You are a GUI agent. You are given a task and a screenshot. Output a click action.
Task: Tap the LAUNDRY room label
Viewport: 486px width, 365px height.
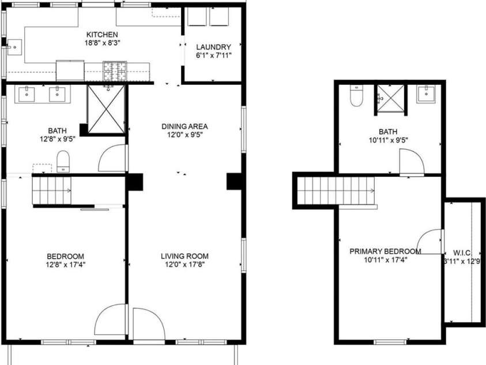[x=213, y=47]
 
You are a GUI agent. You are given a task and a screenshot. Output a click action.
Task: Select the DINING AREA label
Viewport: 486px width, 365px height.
[x=184, y=126]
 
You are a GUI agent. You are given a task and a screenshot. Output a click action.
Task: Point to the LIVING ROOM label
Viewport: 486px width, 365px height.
[x=184, y=256]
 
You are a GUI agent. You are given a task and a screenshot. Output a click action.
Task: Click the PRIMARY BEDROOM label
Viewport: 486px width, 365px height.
[x=385, y=251]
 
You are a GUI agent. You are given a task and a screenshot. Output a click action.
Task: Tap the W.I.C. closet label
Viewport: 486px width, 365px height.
[x=464, y=252]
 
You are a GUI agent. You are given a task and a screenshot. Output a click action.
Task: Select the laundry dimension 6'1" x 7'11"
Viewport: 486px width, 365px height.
[x=213, y=55]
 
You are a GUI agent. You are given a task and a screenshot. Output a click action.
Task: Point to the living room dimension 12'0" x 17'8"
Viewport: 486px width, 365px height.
[x=184, y=265]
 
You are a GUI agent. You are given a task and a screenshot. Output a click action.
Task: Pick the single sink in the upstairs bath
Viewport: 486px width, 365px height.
[x=428, y=93]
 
